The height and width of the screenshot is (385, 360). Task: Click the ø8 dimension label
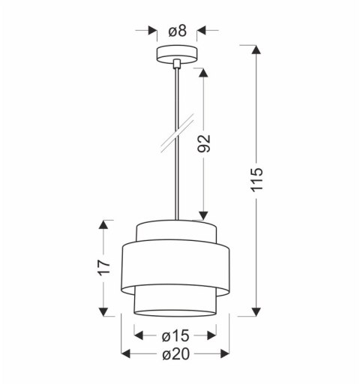177,32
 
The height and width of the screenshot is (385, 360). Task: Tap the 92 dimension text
203,143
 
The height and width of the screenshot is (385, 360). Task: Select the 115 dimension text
257,178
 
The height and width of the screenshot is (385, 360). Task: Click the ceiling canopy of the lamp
177,55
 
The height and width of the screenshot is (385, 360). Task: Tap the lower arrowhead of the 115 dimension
257,311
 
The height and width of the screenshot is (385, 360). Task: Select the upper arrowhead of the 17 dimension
106,224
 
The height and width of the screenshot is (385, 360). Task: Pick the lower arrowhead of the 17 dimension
106,311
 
